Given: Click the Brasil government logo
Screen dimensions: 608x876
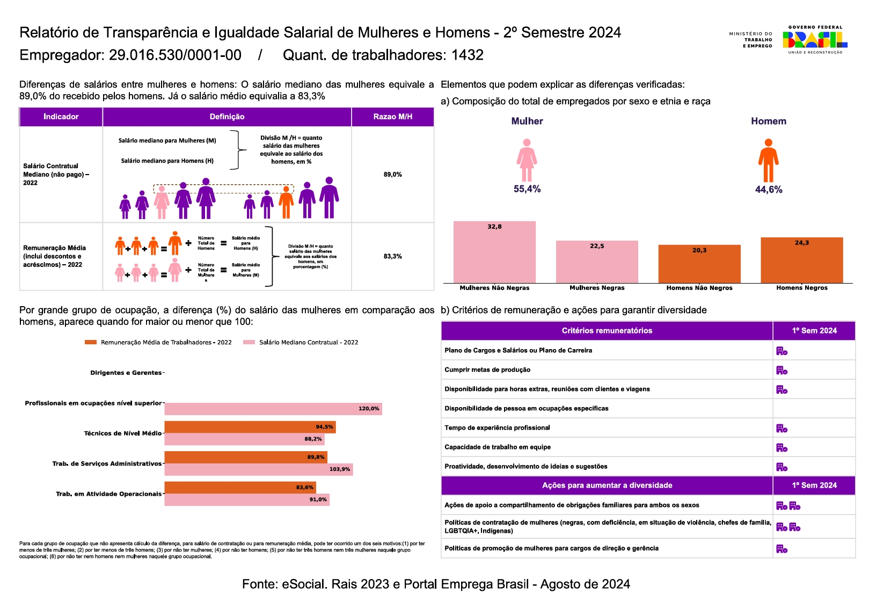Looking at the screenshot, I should [x=814, y=39].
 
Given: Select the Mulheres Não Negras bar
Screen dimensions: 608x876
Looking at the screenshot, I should [x=494, y=252].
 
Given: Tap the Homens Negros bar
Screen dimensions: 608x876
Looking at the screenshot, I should [x=801, y=260].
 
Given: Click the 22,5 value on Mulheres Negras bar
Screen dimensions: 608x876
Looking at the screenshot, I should [x=597, y=246].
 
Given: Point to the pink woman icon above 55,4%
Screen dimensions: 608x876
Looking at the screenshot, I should [x=527, y=160].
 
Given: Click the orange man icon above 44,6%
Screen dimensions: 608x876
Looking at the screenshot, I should [x=768, y=161].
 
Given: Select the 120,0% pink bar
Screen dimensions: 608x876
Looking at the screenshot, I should [x=273, y=409].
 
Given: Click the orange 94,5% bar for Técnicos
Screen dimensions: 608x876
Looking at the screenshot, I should [x=250, y=427].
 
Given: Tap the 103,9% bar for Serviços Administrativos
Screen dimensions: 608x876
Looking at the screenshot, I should [x=258, y=469].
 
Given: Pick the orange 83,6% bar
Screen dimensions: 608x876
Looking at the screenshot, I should [x=240, y=487].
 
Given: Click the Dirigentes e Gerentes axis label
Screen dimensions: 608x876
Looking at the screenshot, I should [x=126, y=373].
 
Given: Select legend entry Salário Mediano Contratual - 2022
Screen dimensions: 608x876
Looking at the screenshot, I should [x=308, y=342].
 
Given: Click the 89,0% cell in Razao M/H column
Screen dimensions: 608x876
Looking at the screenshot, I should [x=392, y=175].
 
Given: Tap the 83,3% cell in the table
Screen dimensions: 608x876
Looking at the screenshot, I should [x=392, y=256].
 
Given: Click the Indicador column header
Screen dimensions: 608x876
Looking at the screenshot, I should [x=61, y=117].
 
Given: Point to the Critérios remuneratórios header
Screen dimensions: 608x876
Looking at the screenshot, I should [x=607, y=331].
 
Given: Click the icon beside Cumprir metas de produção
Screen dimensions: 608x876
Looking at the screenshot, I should [x=782, y=370].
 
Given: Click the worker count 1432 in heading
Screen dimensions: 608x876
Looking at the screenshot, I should [x=467, y=55].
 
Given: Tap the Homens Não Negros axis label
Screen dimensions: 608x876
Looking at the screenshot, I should [x=699, y=288].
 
